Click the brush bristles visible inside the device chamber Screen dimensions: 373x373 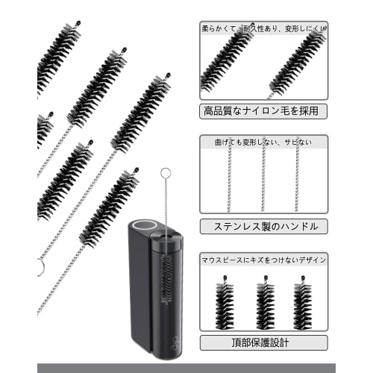click(x=165, y=272)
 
